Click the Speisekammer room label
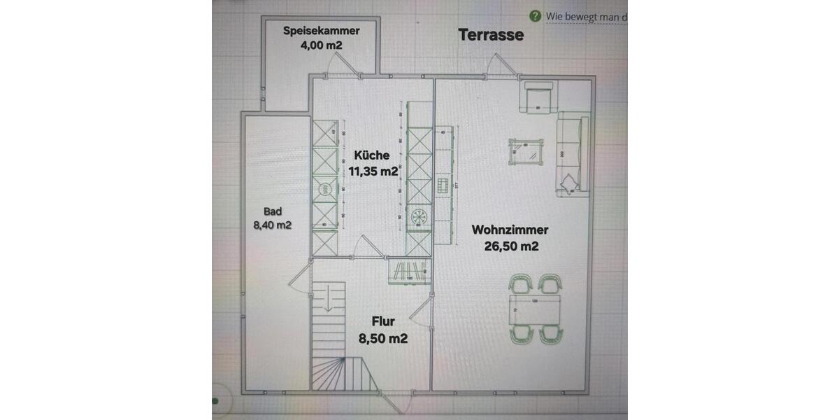321,31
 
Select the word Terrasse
491,35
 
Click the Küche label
371,155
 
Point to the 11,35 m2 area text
373,171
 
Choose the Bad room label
272,211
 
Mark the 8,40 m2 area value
272,225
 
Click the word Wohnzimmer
510,230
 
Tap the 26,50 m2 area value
511,246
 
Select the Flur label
383,322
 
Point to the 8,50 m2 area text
383,339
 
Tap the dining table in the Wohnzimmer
535,309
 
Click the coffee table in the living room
526,149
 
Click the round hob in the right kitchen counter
418,217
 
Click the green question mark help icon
535,16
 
